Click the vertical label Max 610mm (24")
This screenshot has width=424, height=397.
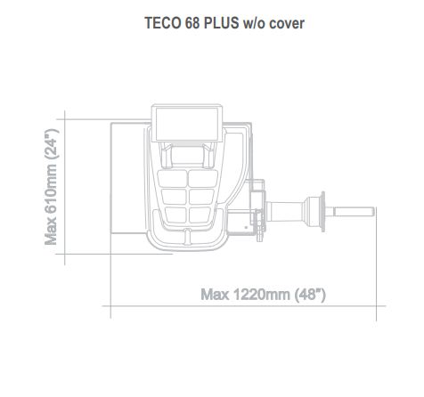tap(52, 188)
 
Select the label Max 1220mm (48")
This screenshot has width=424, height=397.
tap(263, 295)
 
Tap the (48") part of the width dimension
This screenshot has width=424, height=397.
tap(308, 295)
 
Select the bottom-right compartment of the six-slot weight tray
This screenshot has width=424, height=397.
tap(203, 216)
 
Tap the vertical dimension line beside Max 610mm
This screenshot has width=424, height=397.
tap(65, 188)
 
